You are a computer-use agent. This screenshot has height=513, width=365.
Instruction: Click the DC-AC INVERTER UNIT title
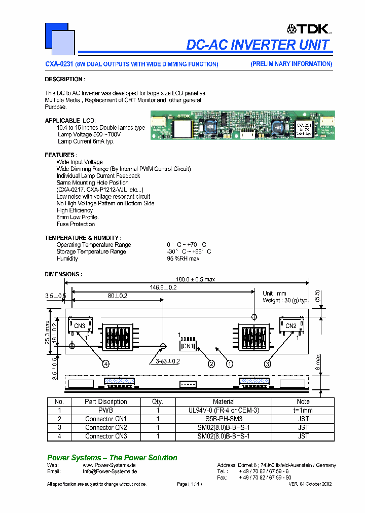(x=259, y=45)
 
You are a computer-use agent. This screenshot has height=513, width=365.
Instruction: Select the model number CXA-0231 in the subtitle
(x=59, y=64)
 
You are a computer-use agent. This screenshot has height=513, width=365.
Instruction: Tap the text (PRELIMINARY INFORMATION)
(x=291, y=64)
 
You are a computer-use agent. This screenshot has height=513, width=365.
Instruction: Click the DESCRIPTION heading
(x=65, y=79)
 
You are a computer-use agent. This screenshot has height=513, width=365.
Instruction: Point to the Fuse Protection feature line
(x=76, y=224)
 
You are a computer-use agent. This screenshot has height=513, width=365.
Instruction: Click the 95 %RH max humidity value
(x=183, y=259)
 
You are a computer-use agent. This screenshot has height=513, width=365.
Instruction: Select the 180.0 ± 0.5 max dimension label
(x=195, y=279)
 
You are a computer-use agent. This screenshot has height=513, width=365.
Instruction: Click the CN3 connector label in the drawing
(x=80, y=326)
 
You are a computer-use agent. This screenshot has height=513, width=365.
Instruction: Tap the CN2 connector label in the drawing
(x=290, y=326)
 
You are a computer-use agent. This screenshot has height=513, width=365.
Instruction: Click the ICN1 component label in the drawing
(x=187, y=346)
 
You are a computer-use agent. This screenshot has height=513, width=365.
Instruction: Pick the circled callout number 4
(x=106, y=363)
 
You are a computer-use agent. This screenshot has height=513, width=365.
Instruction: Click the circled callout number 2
(x=211, y=363)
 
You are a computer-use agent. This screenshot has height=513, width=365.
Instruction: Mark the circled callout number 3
(x=267, y=363)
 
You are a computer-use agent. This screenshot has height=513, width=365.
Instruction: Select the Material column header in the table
(x=224, y=401)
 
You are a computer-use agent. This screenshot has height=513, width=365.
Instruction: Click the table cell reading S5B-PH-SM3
(x=224, y=419)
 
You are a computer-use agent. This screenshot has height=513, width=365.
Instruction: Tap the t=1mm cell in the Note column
(x=303, y=411)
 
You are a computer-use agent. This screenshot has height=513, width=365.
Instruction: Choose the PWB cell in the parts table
(x=106, y=411)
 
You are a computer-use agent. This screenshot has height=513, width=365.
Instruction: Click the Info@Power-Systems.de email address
(x=109, y=471)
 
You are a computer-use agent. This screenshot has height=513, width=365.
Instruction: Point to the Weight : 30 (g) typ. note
(x=285, y=301)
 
